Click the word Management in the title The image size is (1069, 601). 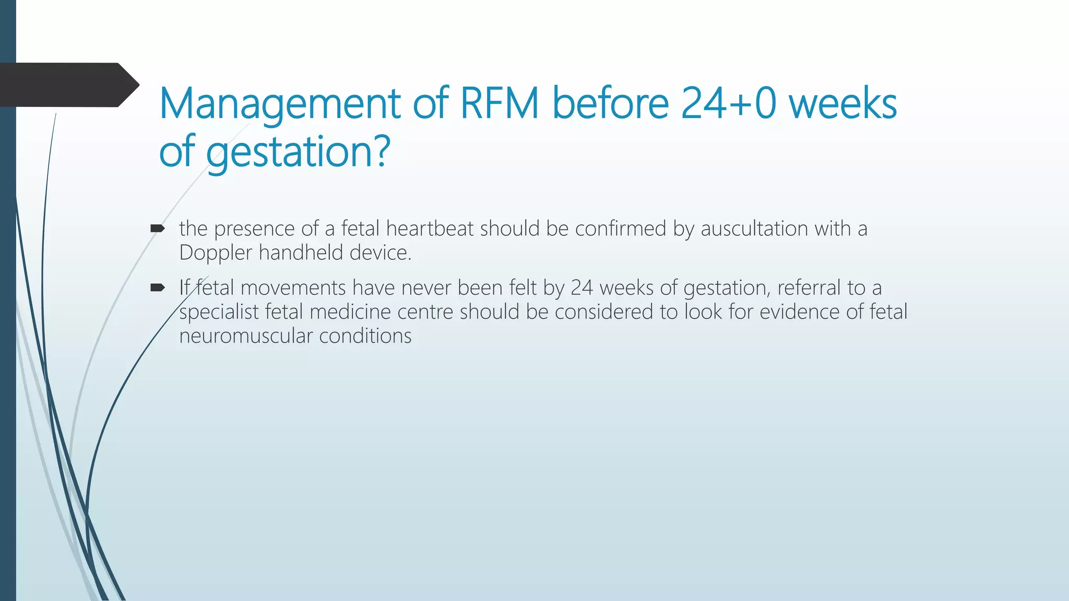(x=279, y=104)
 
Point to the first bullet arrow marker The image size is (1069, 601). (x=157, y=228)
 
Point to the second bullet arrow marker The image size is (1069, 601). (x=157, y=287)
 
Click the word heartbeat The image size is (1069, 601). (x=430, y=229)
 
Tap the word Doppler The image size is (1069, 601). (x=216, y=253)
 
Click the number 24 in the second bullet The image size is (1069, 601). (x=581, y=287)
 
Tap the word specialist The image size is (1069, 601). (x=219, y=312)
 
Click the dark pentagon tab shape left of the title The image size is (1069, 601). (x=68, y=85)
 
